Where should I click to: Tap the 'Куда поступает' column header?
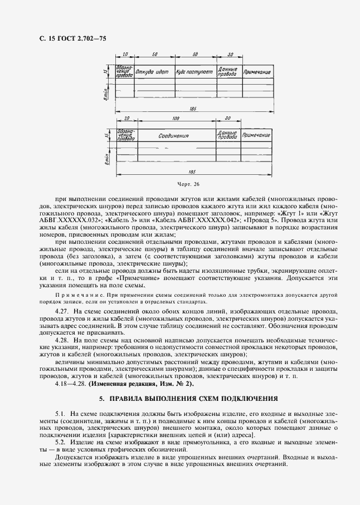(194, 72)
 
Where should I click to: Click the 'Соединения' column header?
(173, 135)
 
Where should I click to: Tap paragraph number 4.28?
(62, 339)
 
